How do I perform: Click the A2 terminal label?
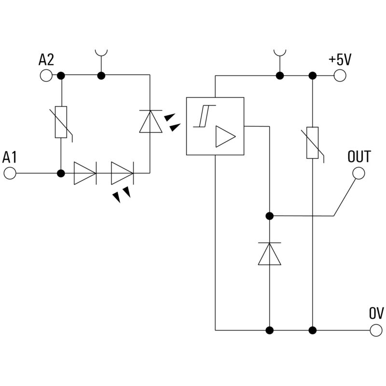pyautogui.click(x=46, y=60)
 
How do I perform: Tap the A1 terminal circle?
pyautogui.click(x=10, y=173)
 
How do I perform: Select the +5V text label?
pyautogui.click(x=340, y=59)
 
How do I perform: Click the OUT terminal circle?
pyautogui.click(x=358, y=173)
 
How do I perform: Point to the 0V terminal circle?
pyautogui.click(x=376, y=331)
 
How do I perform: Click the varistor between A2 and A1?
pyautogui.click(x=61, y=123)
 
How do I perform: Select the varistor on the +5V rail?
pyautogui.click(x=312, y=143)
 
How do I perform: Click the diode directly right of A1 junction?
pyautogui.click(x=85, y=173)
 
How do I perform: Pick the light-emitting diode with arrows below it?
pyautogui.click(x=122, y=173)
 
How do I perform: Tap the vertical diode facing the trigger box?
pyautogui.click(x=150, y=121)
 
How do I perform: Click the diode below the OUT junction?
pyautogui.click(x=269, y=254)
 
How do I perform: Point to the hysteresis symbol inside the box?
pyautogui.click(x=201, y=116)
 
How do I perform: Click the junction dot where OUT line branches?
pyautogui.click(x=269, y=216)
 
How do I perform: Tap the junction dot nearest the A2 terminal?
pyautogui.click(x=61, y=75)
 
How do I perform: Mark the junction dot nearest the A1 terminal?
pyautogui.click(x=61, y=173)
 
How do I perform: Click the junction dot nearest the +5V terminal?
pyautogui.click(x=312, y=75)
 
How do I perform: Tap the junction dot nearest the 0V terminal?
pyautogui.click(x=312, y=331)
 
